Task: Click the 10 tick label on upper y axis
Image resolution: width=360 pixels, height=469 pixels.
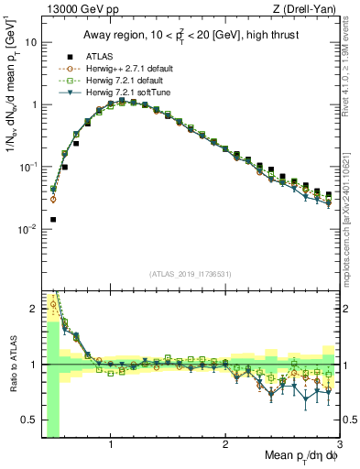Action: coord(30,42)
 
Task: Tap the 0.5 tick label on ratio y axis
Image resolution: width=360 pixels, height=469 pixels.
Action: coord(29,420)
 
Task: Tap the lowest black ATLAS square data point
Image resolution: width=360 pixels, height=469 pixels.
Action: coord(53,220)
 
